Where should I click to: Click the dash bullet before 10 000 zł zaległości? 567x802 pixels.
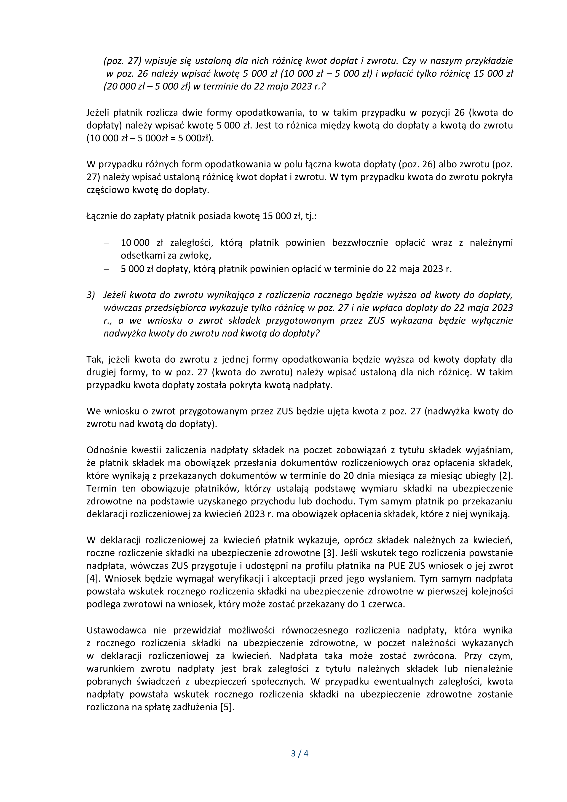106,243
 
